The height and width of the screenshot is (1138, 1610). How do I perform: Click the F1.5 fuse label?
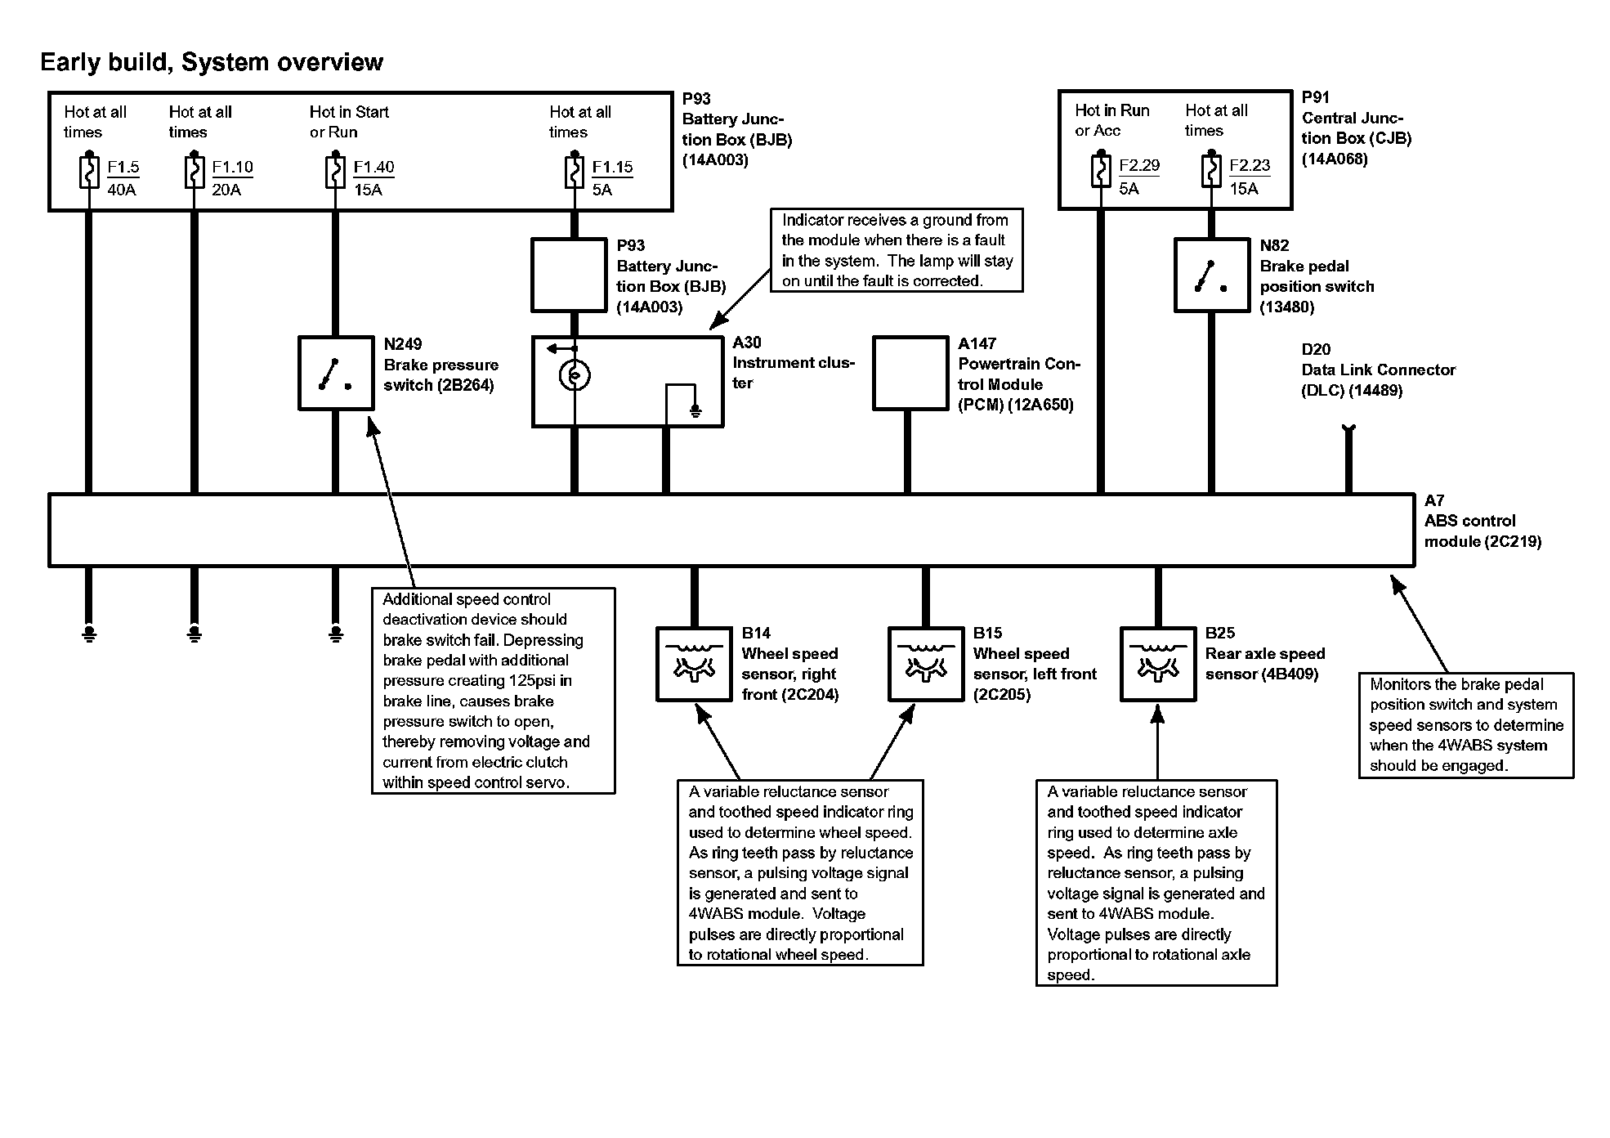tap(123, 168)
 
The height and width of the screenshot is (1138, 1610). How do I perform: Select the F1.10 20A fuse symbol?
tap(194, 172)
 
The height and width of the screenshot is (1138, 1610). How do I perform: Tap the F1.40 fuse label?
tap(373, 168)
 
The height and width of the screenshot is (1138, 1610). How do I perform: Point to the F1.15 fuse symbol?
tap(574, 172)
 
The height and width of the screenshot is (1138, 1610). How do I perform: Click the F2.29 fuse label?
tap(1139, 166)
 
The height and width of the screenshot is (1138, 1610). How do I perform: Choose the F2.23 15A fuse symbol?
tap(1211, 171)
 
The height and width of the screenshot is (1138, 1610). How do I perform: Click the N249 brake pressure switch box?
tap(336, 373)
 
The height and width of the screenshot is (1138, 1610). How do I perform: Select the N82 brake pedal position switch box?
tap(1211, 275)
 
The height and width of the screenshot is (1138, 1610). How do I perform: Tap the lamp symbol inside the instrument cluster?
tap(575, 375)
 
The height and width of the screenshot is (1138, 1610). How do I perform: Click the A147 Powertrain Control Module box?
tap(910, 373)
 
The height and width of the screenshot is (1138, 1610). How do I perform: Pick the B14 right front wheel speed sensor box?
tap(694, 664)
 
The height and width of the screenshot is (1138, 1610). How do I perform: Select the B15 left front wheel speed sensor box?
tap(925, 664)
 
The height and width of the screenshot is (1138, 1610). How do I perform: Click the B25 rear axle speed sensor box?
tap(1157, 664)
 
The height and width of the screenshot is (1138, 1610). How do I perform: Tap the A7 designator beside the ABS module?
tap(1434, 500)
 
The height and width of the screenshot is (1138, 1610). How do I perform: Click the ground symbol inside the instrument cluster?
tap(695, 411)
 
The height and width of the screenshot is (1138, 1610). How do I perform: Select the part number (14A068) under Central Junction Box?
tap(1335, 159)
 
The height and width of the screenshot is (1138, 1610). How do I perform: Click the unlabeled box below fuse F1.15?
tap(570, 275)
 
